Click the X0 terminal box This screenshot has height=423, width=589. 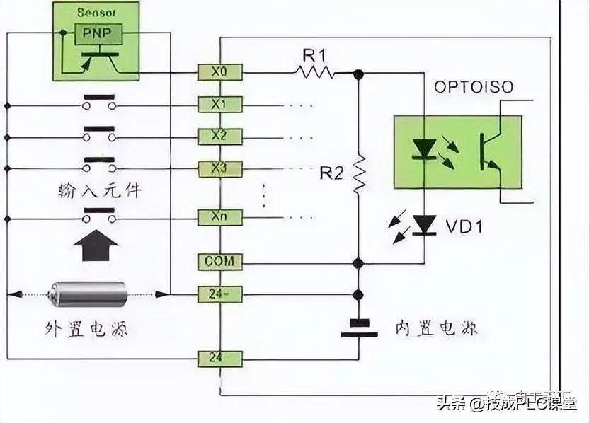(x=219, y=71)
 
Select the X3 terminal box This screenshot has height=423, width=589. (x=219, y=168)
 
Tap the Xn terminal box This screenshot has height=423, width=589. (x=219, y=216)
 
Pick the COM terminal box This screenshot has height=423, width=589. (x=219, y=262)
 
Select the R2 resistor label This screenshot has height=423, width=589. (x=331, y=173)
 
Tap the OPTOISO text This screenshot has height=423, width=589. (x=474, y=88)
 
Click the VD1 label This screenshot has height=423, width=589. (x=464, y=226)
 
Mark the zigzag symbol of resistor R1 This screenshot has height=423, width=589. (x=315, y=71)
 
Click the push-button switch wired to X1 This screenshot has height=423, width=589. (x=99, y=103)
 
